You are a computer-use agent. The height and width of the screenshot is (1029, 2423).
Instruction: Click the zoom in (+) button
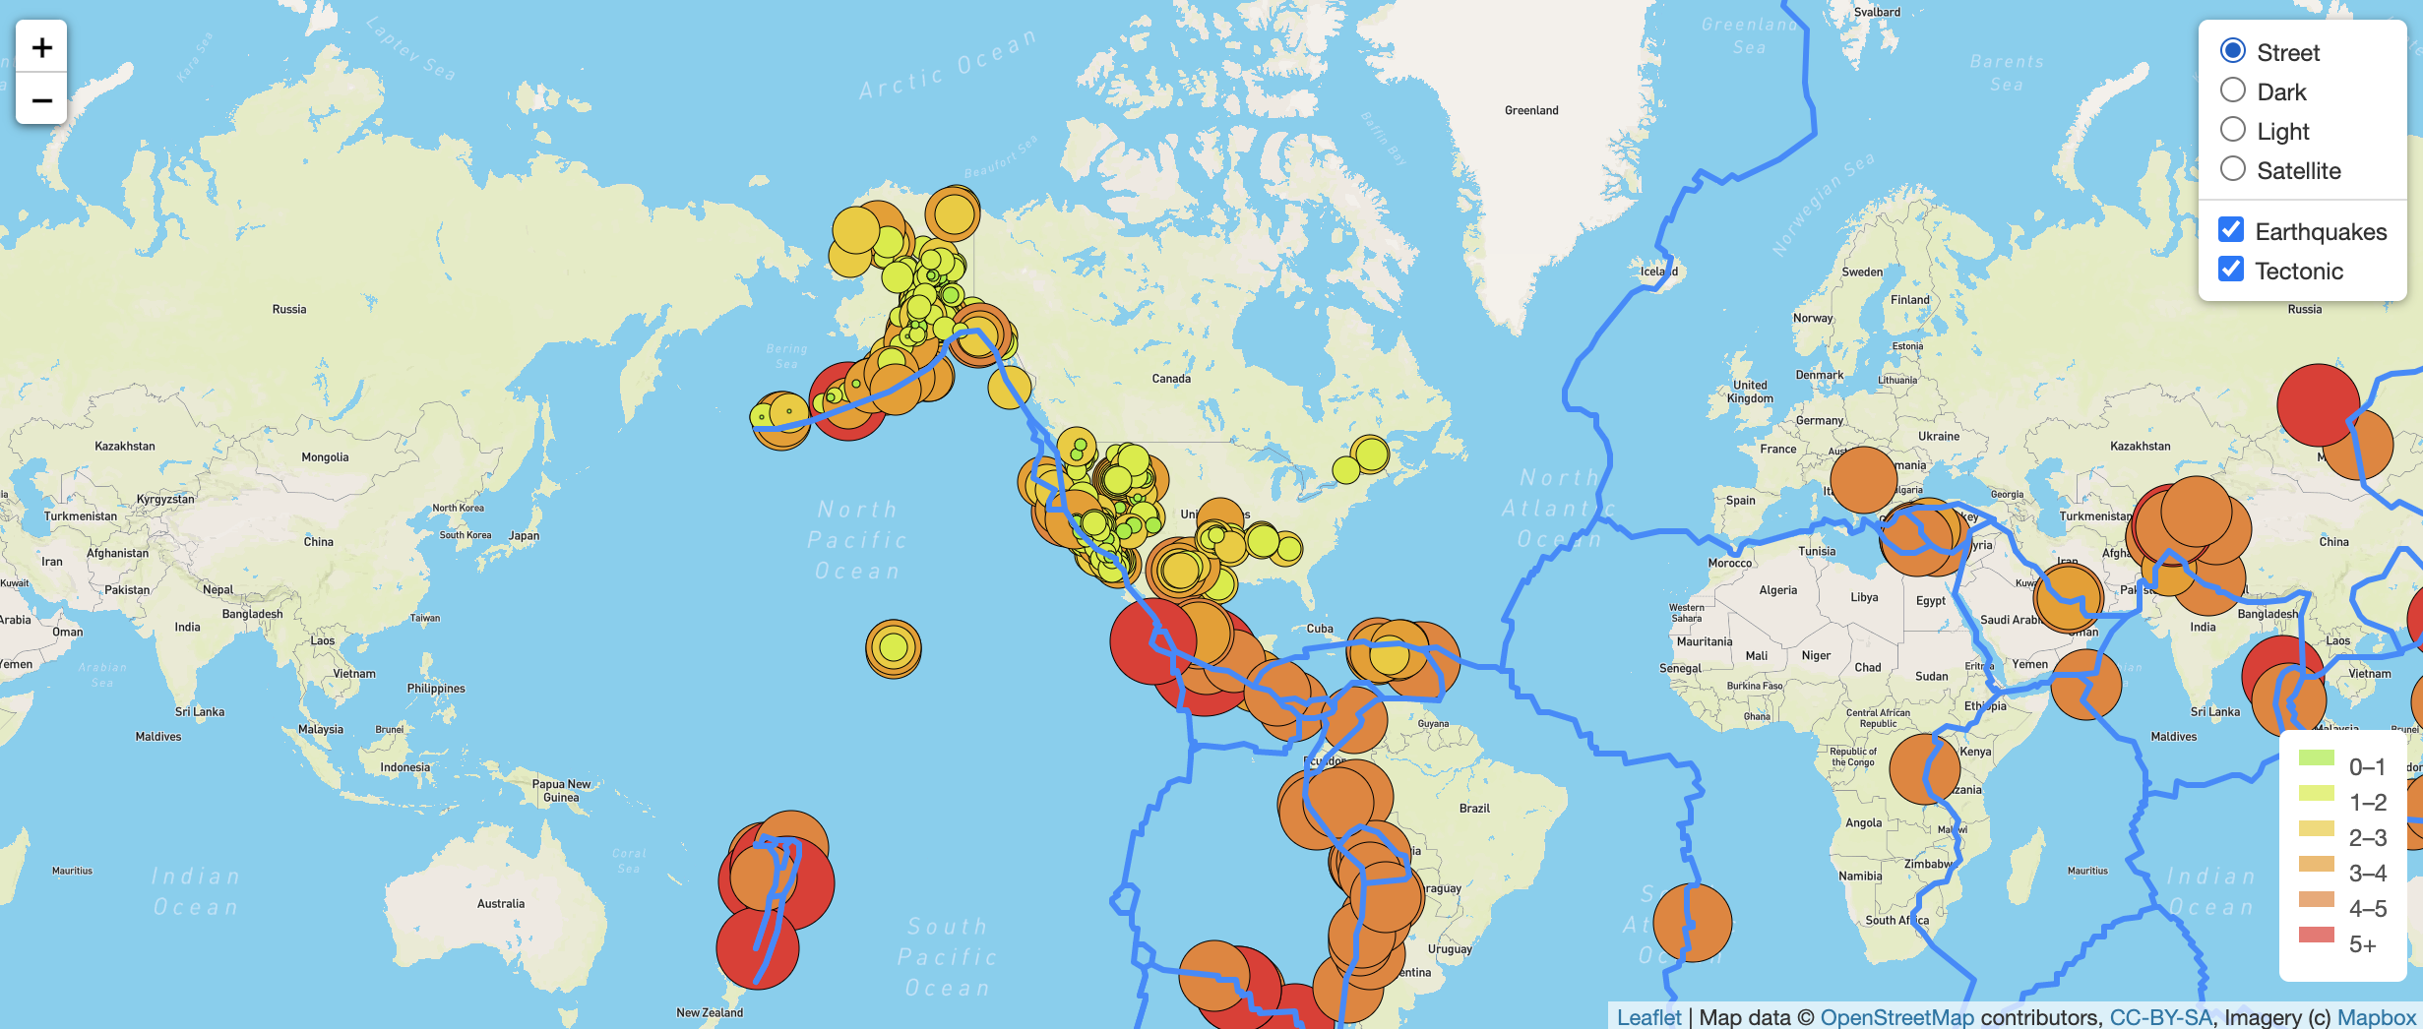41,47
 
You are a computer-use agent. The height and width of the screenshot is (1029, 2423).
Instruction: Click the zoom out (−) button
41,99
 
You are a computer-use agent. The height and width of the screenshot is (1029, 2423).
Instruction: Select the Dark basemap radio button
2233,91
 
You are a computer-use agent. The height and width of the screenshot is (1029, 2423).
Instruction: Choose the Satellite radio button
2233,169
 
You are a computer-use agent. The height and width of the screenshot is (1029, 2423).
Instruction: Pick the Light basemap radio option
2233,130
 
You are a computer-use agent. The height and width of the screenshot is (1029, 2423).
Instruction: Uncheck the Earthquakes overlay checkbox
2231,230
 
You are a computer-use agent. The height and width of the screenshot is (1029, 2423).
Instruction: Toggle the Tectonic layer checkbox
2231,270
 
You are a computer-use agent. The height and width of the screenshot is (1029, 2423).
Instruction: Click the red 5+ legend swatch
2316,936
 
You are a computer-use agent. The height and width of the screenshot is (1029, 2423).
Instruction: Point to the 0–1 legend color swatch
2316,758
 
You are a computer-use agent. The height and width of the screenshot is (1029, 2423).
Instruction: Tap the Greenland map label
1531,110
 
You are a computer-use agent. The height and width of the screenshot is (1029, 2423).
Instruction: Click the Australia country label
501,903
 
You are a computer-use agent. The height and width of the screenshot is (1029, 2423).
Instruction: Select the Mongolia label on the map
325,456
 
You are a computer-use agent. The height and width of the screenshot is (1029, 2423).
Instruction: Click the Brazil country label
1474,808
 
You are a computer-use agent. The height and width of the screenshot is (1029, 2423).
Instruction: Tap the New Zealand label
710,1012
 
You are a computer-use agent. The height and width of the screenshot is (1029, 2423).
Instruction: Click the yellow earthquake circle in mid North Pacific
894,648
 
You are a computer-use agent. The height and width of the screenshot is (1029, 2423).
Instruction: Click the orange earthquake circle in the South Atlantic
1692,922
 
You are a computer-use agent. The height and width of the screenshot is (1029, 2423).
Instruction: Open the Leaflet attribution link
1648,1017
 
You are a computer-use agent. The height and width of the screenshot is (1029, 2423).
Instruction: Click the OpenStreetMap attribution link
1896,1017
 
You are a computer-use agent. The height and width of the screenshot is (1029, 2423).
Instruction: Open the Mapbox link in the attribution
2376,1017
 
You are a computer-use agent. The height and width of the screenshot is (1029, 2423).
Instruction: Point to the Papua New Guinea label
561,791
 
